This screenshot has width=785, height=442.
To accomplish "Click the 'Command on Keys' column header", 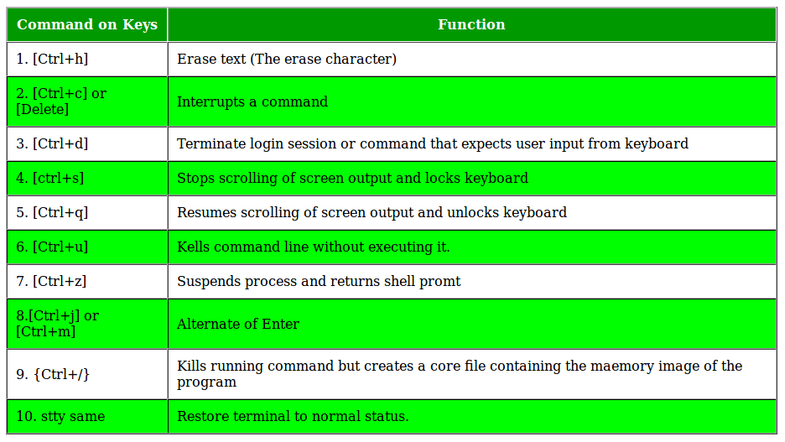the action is [x=87, y=24].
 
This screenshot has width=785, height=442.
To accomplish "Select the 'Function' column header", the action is [x=471, y=24].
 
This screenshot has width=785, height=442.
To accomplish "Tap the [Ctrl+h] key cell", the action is [x=87, y=59].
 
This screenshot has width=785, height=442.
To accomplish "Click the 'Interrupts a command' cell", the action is [x=471, y=101].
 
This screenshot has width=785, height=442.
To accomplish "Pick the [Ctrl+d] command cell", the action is [x=87, y=143].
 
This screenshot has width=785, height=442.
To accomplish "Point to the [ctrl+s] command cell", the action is [x=87, y=178].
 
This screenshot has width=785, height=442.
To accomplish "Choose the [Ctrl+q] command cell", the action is [x=87, y=213].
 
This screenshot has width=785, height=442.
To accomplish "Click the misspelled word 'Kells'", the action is [x=193, y=247].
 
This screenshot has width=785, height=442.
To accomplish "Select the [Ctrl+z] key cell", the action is [x=87, y=281].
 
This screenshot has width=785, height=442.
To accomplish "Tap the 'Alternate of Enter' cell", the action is [x=471, y=324].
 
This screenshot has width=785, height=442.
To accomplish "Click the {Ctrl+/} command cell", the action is [x=87, y=374].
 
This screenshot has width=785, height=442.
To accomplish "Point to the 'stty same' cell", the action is [x=87, y=417].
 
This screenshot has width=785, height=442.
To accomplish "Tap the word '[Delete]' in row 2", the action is [x=42, y=110].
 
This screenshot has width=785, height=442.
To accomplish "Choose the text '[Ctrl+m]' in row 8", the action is [x=45, y=332].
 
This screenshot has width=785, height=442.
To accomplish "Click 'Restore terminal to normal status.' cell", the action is [x=471, y=417].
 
